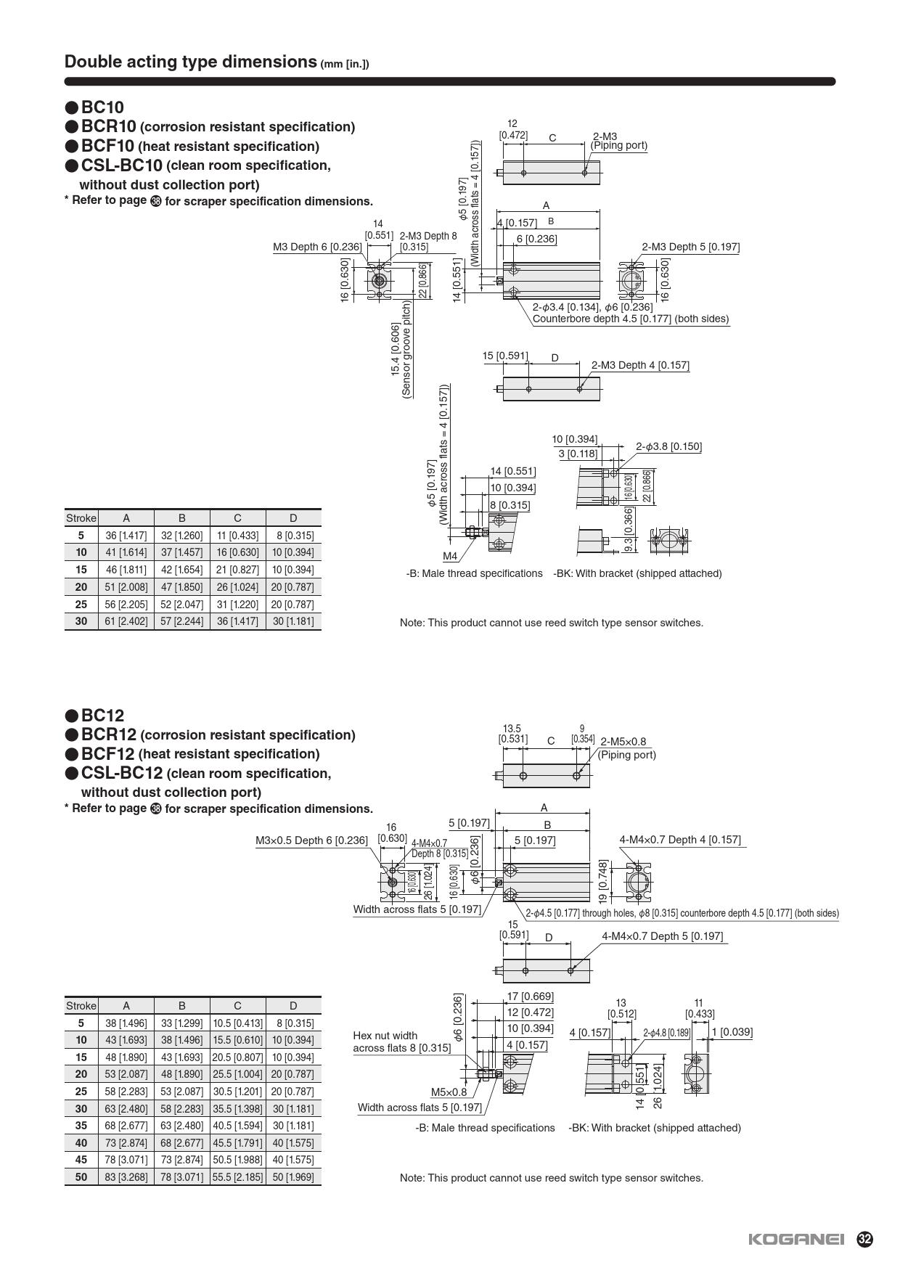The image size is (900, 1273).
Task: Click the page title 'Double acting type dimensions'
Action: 191,62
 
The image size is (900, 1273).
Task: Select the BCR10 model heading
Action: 109,126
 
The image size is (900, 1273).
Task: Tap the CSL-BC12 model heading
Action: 122,773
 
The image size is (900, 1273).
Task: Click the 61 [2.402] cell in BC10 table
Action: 126,621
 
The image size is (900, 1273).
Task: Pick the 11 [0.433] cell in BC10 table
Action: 237,536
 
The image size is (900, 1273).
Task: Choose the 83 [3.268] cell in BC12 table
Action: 126,1177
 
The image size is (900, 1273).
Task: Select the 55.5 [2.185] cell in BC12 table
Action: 237,1177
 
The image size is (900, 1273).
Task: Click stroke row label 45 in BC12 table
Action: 81,1160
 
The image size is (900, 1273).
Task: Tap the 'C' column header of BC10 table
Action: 237,518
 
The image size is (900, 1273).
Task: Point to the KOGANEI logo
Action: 795,1240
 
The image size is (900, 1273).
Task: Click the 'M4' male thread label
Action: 450,557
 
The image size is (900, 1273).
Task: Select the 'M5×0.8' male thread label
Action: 449,1092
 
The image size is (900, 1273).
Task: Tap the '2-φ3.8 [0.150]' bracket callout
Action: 668,446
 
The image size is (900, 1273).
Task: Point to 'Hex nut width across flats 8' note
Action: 401,1041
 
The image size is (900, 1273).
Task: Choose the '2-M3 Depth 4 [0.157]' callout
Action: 639,365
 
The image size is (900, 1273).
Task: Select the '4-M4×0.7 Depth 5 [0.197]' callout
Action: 662,936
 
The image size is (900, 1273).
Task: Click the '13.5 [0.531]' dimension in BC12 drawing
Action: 512,734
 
